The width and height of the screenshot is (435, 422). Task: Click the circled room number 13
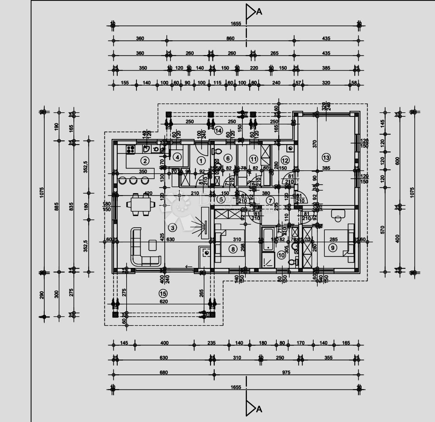[326, 158]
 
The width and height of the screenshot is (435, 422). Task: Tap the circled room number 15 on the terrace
[163, 293]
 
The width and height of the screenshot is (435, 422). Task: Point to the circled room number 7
[270, 201]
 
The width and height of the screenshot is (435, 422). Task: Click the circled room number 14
[218, 130]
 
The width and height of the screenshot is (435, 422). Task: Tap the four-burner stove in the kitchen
[131, 149]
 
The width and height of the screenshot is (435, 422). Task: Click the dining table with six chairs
[140, 204]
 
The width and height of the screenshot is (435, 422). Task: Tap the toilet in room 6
[217, 151]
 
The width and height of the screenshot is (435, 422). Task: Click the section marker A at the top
[253, 11]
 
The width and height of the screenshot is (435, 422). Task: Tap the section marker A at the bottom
[253, 408]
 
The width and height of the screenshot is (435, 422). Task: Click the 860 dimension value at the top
[230, 38]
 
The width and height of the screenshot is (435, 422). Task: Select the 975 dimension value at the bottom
[286, 372]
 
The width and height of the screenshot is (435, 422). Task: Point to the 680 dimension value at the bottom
[163, 372]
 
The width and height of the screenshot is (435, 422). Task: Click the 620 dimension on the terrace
[163, 302]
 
